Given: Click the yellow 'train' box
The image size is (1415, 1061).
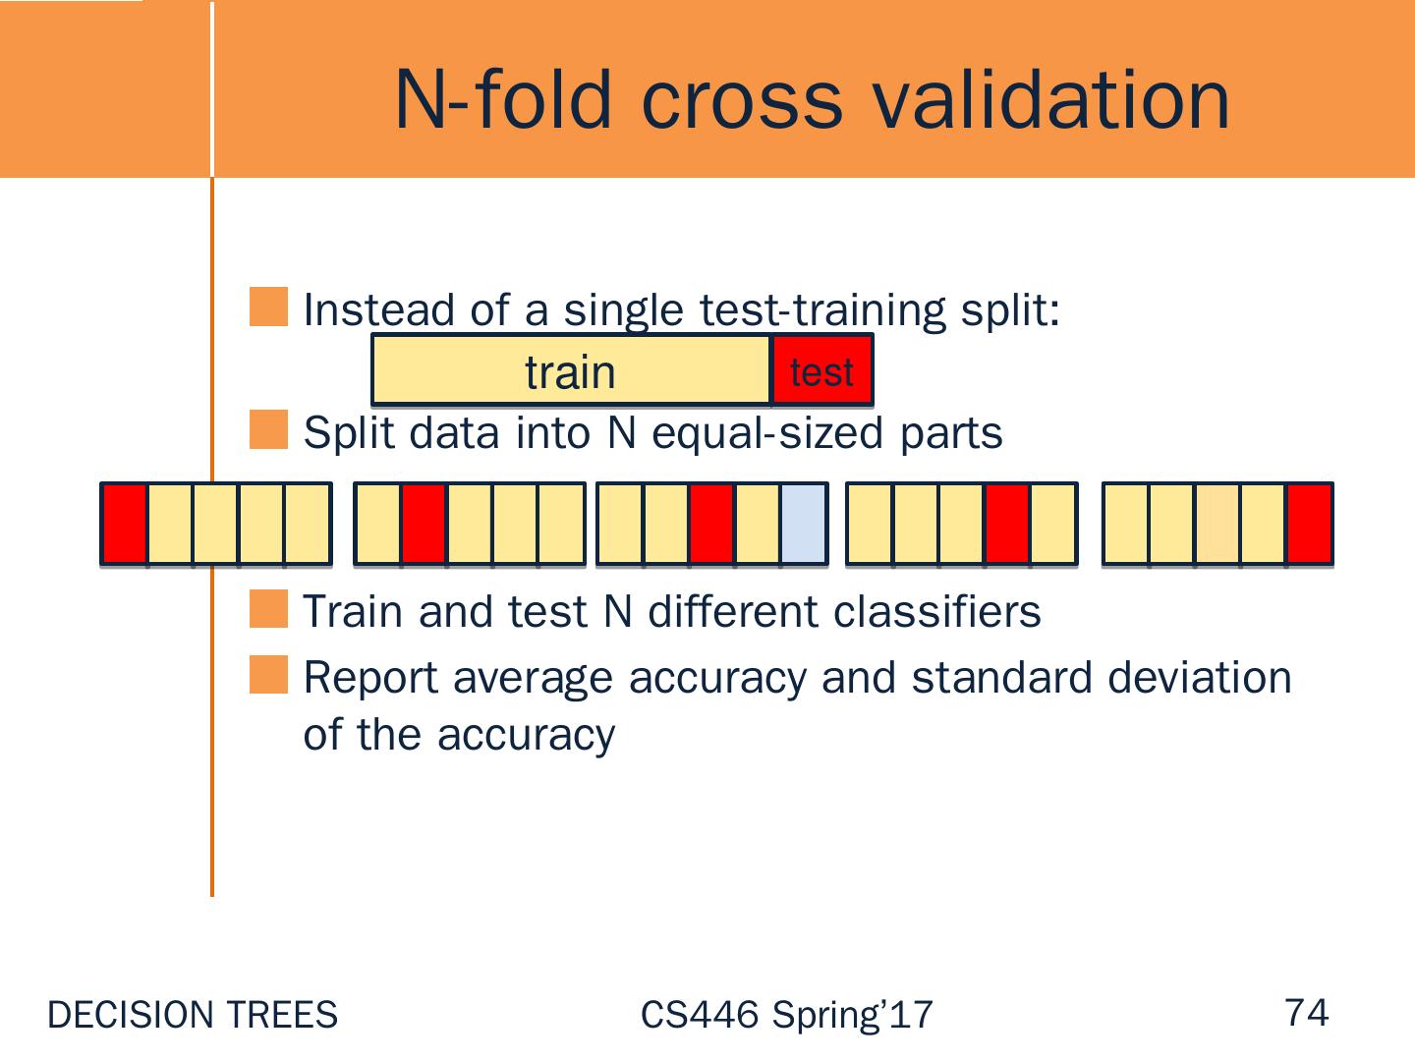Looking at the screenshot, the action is (571, 370).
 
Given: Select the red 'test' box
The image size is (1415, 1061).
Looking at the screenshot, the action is (821, 370).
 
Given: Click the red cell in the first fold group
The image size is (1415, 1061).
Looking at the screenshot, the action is (125, 524).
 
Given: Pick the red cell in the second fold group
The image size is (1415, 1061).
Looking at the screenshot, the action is (424, 524).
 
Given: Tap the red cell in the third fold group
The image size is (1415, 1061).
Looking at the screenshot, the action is (711, 524).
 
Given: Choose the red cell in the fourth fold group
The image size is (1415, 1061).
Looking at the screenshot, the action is (1007, 524).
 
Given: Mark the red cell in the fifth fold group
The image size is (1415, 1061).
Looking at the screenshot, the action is (1310, 524).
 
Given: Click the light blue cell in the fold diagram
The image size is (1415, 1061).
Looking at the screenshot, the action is (804, 524).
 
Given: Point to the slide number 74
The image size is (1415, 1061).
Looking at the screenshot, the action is (1307, 1012).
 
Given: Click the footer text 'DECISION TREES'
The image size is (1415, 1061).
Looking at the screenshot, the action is (193, 1015).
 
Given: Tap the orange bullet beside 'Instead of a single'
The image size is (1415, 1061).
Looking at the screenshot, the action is (268, 307).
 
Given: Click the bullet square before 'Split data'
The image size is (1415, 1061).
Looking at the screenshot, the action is (268, 430).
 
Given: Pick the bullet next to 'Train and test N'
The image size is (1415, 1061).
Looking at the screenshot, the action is (268, 609).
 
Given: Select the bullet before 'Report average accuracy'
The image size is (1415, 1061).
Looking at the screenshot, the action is (268, 675).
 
